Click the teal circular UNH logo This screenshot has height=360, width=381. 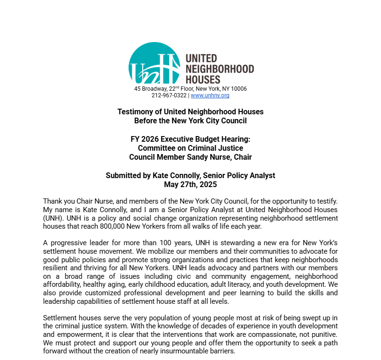click(154, 64)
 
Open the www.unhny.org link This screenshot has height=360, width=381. click(210, 95)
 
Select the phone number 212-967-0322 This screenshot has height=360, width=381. click(169, 95)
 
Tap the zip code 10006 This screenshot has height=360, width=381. click(239, 89)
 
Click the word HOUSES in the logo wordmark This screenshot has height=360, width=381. click(203, 79)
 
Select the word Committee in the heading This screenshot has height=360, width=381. click(156, 148)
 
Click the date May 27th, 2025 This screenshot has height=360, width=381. click(190, 184)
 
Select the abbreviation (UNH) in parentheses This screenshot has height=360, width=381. click(52, 218)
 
